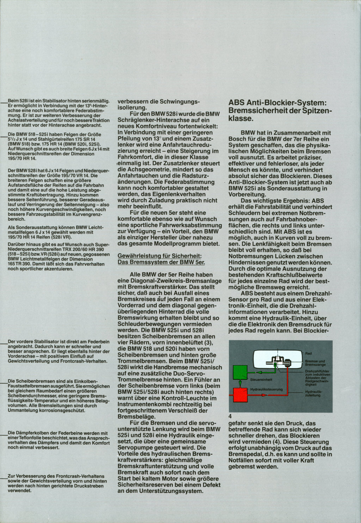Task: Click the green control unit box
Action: tap(240, 373)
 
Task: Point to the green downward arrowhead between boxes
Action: tap(240, 384)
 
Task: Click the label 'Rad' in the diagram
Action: tap(308, 353)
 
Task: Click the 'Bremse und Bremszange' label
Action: tap(315, 363)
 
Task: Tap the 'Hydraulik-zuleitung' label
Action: tap(313, 393)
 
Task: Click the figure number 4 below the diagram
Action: tap(230, 416)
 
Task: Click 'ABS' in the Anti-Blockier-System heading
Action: tap(237, 103)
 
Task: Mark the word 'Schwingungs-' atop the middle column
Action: tap(180, 101)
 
